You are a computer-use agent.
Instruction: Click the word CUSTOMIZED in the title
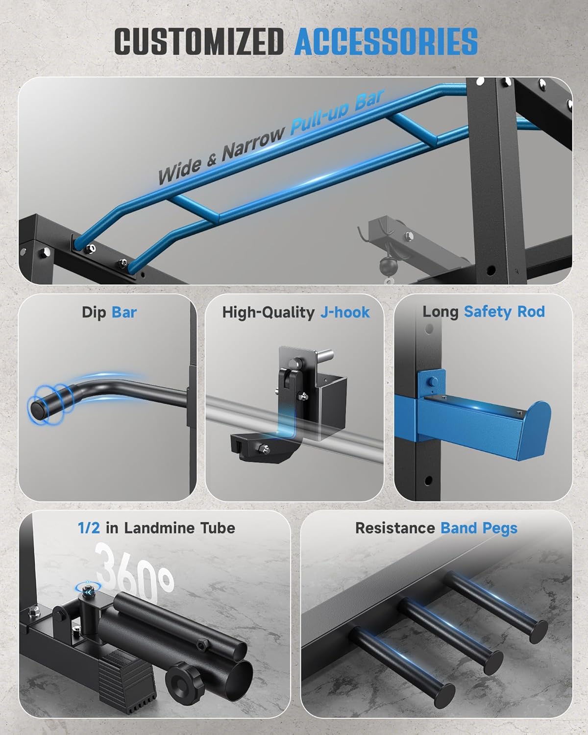point(199,41)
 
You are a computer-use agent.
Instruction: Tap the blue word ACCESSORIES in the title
point(386,41)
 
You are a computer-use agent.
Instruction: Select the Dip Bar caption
point(109,313)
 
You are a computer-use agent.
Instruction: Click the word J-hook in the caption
point(345,313)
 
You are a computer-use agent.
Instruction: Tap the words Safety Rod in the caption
point(504,312)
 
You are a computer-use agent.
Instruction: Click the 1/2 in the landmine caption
point(89,528)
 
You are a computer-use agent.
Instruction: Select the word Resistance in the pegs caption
point(395,528)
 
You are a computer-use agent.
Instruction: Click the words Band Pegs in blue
point(479,528)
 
